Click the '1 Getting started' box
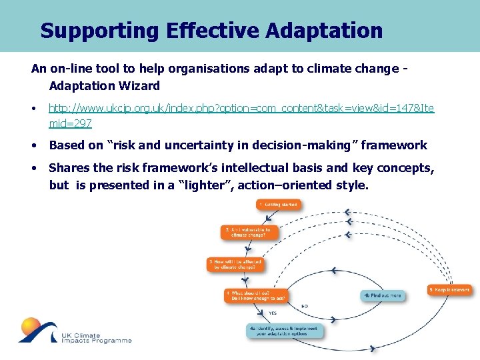click(277, 204)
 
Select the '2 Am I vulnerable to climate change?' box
click(245, 233)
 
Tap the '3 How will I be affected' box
click(235, 264)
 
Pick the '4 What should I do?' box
click(255, 295)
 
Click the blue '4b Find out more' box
click(382, 295)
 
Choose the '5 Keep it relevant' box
click(449, 290)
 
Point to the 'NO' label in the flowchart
click(305, 306)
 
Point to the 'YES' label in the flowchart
click(273, 313)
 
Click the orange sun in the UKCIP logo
click(30, 328)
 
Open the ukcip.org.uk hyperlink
click(241, 108)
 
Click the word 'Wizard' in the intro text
click(141, 85)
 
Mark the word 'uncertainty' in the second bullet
click(168, 145)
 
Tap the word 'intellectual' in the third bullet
click(265, 168)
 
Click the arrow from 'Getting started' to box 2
click(267, 218)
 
